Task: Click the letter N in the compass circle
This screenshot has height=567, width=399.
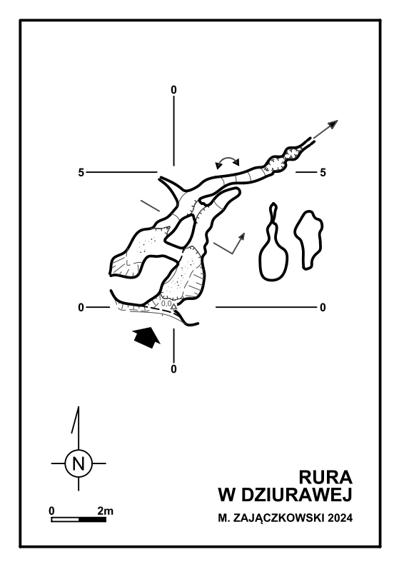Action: pos(79,463)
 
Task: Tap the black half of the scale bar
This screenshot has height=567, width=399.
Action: pos(93,520)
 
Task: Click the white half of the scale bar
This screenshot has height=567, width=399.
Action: pos(65,520)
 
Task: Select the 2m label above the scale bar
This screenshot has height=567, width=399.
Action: pos(105,511)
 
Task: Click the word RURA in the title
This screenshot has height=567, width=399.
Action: pos(325,477)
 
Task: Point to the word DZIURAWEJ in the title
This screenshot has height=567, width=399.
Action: pos(296,495)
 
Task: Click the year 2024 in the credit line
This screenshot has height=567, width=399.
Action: pos(340,518)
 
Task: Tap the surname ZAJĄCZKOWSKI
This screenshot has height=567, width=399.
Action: pos(279,518)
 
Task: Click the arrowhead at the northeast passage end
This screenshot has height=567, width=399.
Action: pos(333,124)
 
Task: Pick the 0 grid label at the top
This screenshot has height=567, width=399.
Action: pos(174,90)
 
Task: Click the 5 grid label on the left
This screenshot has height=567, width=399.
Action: pos(81,173)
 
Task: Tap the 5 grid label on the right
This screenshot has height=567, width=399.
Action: pos(323,173)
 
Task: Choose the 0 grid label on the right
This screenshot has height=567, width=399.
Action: pos(323,307)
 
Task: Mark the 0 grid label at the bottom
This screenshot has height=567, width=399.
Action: pos(174,369)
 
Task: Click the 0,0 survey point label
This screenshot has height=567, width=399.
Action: pos(166,303)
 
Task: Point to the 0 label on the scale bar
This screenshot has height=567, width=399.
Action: pos(51,511)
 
